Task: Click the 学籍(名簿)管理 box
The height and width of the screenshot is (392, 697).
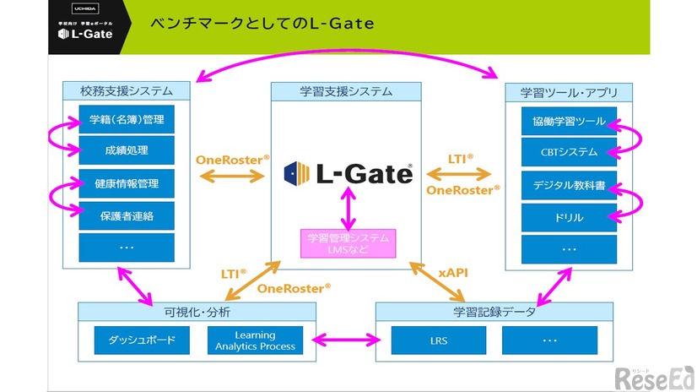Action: pyautogui.click(x=127, y=119)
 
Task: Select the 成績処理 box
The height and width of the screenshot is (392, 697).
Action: pyautogui.click(x=127, y=150)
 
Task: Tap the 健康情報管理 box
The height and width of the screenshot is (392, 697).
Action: pyautogui.click(x=127, y=183)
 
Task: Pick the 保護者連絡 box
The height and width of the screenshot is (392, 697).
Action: pyautogui.click(x=127, y=215)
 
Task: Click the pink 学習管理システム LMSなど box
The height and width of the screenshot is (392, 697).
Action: pyautogui.click(x=348, y=243)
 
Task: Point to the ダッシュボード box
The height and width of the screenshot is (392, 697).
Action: pyautogui.click(x=141, y=340)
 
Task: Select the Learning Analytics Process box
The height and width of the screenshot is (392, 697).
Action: pyautogui.click(x=255, y=340)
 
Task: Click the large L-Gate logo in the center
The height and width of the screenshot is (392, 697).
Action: pyautogui.click(x=348, y=173)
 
